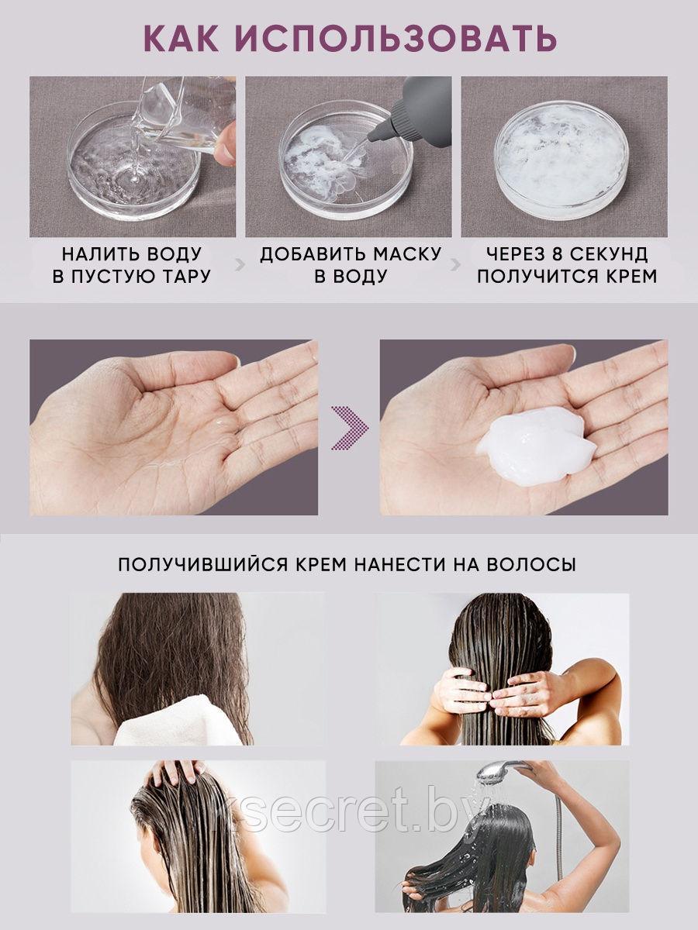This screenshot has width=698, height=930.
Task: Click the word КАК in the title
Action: (x=181, y=38)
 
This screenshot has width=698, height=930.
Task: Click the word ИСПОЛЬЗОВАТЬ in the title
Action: (x=396, y=38)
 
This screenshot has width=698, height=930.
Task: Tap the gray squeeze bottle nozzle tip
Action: (x=372, y=138)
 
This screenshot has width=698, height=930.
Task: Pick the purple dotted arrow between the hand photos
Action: (x=350, y=427)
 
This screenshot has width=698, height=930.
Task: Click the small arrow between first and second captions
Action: (x=240, y=265)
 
